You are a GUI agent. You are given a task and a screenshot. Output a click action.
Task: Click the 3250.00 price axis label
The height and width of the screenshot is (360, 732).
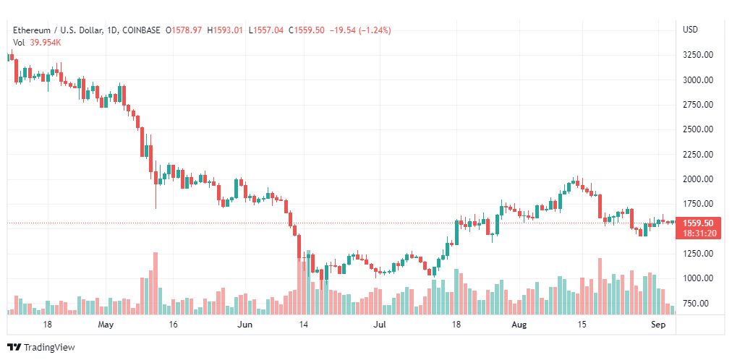pyautogui.click(x=697, y=55)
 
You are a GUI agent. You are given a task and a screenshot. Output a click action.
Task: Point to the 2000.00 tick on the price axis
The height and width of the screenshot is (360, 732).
pyautogui.click(x=697, y=179)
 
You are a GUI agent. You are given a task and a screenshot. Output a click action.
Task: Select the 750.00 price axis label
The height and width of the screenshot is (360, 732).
pyautogui.click(x=699, y=304)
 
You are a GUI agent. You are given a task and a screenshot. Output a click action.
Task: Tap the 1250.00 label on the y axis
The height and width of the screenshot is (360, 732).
pyautogui.click(x=697, y=254)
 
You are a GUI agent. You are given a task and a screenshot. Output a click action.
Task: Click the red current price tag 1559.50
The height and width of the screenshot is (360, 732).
pyautogui.click(x=698, y=223)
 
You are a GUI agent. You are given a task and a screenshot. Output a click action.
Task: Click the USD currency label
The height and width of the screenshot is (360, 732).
pyautogui.click(x=691, y=30)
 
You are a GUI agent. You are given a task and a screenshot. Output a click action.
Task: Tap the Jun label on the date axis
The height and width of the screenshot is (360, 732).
pyautogui.click(x=244, y=325)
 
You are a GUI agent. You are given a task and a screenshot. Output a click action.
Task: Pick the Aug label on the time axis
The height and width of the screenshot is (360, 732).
pyautogui.click(x=519, y=325)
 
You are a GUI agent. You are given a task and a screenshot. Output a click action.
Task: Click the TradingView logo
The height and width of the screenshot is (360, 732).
pyautogui.click(x=41, y=348)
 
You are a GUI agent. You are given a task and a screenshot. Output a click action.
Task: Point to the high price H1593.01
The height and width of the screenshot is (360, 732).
pyautogui.click(x=225, y=30)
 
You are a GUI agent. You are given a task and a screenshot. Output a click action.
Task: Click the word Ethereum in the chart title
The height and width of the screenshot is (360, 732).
pyautogui.click(x=31, y=30)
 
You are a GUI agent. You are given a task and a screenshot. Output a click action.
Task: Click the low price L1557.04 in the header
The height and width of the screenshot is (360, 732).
pyautogui.click(x=265, y=30)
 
